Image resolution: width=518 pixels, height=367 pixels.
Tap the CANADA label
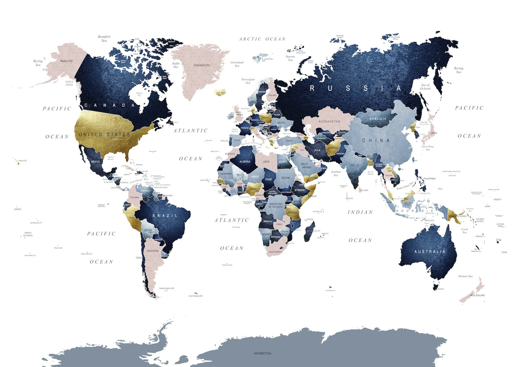[110, 105]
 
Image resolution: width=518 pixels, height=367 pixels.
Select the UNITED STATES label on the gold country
[105, 134]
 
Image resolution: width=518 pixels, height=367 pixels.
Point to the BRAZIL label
[165, 216]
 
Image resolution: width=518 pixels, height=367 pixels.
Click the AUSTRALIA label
[430, 251]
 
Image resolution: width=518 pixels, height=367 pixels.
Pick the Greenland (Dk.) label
[202, 65]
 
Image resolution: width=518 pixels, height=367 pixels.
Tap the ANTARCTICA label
[262, 353]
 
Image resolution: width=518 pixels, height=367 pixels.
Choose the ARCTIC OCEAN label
[262, 39]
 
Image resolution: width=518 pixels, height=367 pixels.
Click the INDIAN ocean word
[360, 212]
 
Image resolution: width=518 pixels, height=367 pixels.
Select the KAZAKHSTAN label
[329, 122]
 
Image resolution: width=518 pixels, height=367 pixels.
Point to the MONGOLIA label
[378, 119]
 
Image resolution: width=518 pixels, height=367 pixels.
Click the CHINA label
[376, 140]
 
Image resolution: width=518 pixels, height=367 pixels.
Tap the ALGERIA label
[245, 162]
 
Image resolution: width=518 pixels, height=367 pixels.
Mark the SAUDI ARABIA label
[306, 166]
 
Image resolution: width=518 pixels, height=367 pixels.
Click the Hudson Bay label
[139, 94]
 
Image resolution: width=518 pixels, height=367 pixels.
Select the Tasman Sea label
[465, 276]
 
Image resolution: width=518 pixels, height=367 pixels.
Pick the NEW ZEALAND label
[477, 295]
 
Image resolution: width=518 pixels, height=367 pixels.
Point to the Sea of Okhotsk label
[426, 87]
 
